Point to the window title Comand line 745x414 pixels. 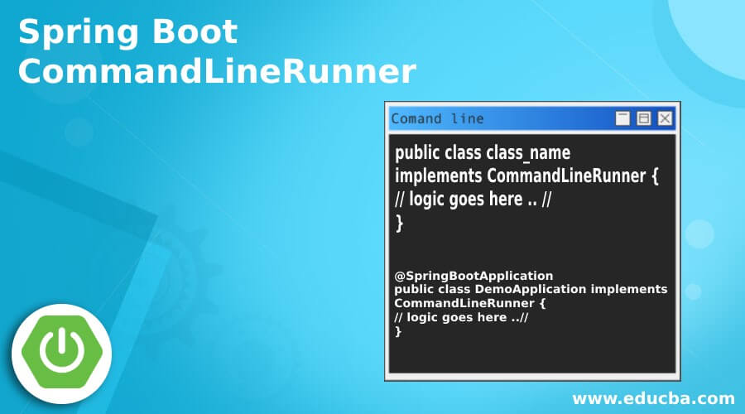click(437, 118)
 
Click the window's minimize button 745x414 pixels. click(622, 118)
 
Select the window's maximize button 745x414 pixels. click(643, 118)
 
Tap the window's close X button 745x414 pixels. click(665, 118)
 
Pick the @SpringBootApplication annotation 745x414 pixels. click(473, 275)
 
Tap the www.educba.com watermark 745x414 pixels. click(653, 398)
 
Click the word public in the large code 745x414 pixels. click(418, 153)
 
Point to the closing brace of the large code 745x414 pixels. click(400, 221)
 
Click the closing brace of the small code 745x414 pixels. click(399, 331)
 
